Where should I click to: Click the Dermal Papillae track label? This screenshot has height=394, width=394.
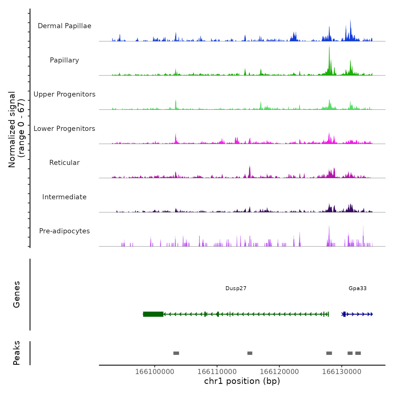tap(64, 26)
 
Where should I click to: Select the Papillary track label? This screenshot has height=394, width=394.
tap(64, 60)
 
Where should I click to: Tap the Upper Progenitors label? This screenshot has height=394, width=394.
tap(64, 94)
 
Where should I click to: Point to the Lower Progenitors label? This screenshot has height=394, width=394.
tap(64, 129)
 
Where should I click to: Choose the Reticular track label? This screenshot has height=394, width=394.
tap(64, 163)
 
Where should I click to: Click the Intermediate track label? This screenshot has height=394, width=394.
tap(64, 197)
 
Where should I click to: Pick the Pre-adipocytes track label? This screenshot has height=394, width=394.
tap(64, 231)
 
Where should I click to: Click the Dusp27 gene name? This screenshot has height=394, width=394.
tap(236, 288)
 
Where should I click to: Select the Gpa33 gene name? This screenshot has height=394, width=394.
tap(357, 288)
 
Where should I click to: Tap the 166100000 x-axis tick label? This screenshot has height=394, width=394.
tap(155, 371)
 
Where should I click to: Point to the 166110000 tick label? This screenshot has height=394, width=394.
tap(217, 371)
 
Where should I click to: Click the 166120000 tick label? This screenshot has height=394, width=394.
tap(279, 371)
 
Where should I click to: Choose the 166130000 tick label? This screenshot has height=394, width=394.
tap(342, 371)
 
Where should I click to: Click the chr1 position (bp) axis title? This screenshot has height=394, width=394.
tap(242, 381)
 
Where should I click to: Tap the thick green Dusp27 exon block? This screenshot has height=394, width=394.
tap(153, 314)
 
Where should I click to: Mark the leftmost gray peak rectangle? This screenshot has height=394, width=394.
tap(176, 353)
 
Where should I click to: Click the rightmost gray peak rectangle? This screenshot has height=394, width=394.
tap(358, 353)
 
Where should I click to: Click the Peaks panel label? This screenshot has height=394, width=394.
tap(16, 353)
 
